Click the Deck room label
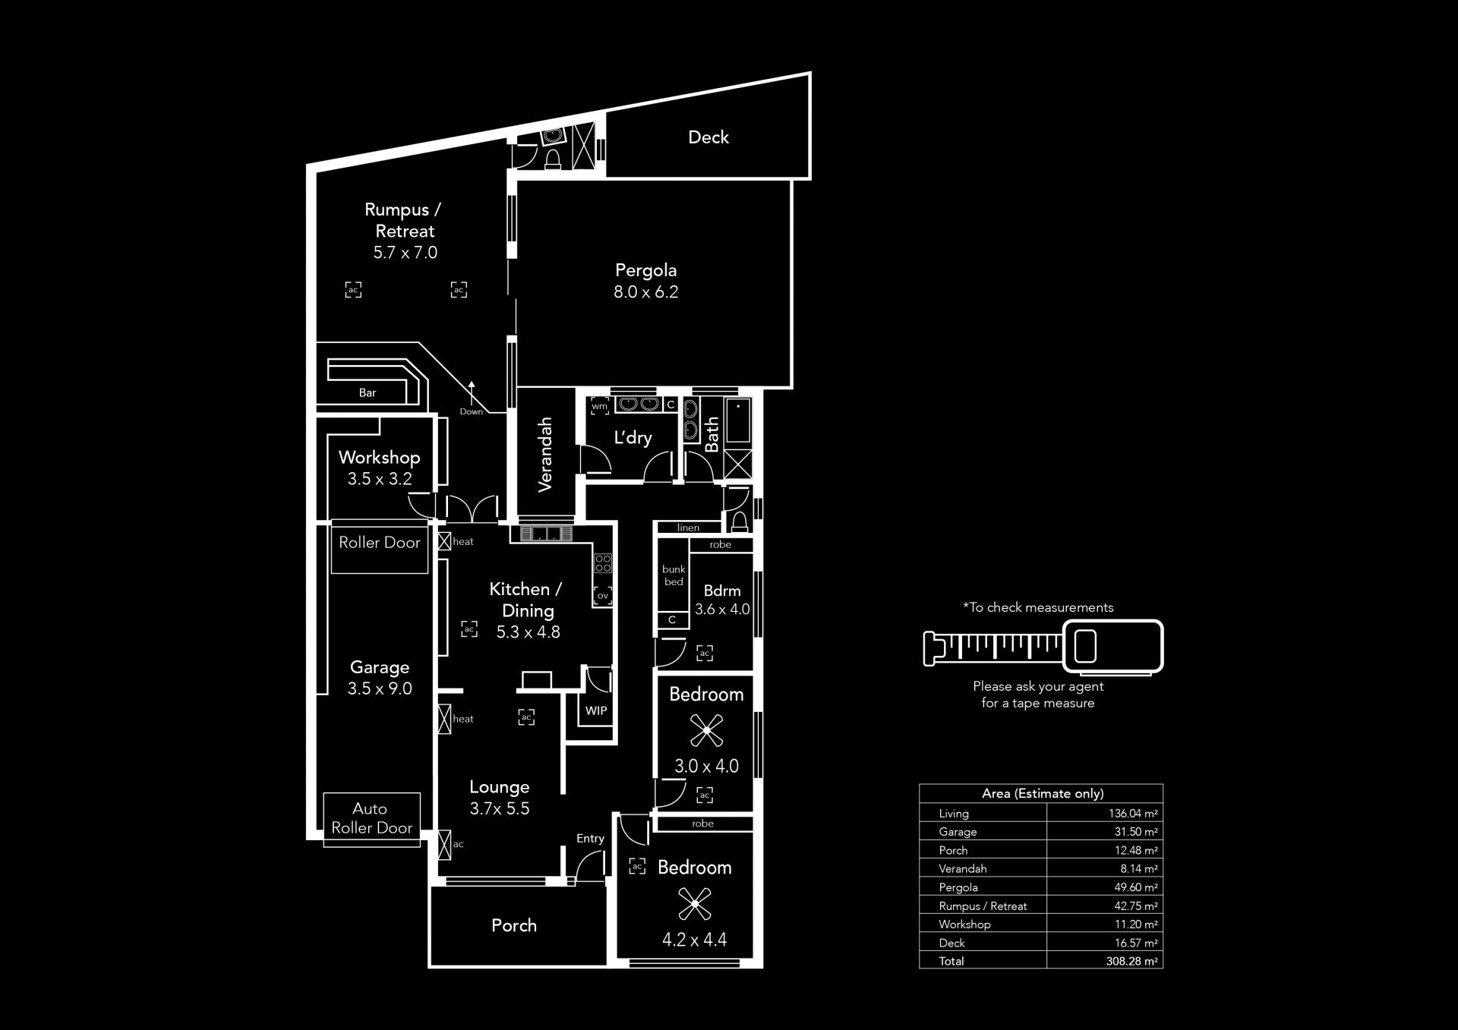(708, 137)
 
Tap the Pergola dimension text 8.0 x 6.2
(645, 292)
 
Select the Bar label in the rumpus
(368, 393)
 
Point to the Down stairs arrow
(471, 393)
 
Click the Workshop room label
(379, 458)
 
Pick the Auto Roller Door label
(371, 818)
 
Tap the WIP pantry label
(596, 711)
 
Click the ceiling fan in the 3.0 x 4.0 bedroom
(706, 730)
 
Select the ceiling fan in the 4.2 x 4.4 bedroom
(694, 903)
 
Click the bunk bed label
(674, 575)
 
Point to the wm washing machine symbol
(600, 406)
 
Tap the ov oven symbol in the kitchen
(603, 596)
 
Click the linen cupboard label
(688, 528)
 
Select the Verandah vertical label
(544, 455)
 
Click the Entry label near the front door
(590, 839)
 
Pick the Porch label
(514, 925)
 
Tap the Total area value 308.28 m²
(1131, 961)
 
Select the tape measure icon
(1043, 647)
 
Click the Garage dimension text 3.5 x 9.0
(380, 689)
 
